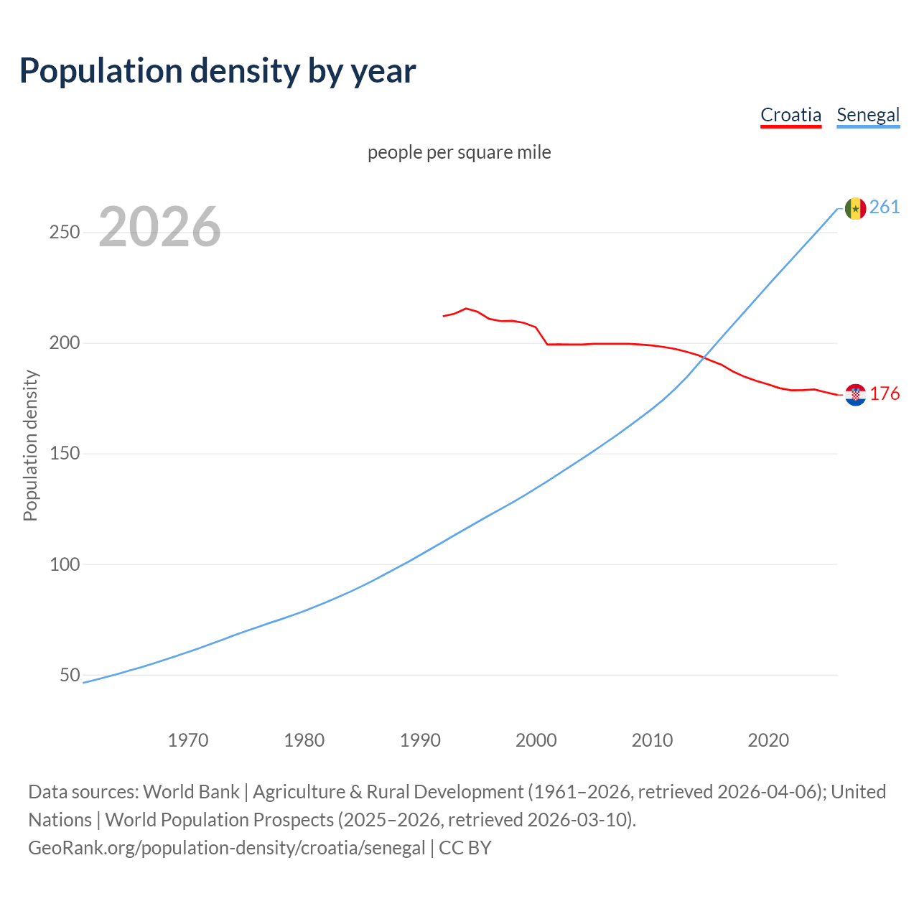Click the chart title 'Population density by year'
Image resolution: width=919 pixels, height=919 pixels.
point(218,71)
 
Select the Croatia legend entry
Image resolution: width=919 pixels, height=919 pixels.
point(790,115)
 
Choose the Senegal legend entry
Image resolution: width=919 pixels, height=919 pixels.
point(868,115)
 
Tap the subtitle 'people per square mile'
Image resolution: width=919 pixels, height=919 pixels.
point(459,152)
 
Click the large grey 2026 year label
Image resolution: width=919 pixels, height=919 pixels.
point(159,227)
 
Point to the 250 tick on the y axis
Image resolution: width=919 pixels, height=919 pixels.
point(65,233)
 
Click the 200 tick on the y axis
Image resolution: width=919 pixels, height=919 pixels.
point(65,343)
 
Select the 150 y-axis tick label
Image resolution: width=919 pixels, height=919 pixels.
point(65,454)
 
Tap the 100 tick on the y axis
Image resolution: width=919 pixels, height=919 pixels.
point(65,564)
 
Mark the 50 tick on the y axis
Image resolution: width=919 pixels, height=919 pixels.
point(70,675)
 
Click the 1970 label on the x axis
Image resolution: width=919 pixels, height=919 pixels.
point(188,740)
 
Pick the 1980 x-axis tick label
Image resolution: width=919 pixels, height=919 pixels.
point(304,740)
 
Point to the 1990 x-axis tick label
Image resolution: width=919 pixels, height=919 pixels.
point(420,740)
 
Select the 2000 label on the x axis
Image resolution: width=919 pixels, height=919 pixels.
point(536,740)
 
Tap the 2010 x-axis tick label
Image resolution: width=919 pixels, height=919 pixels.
point(652,740)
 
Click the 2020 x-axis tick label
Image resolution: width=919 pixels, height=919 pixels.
point(768,740)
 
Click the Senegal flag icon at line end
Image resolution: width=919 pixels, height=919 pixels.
point(855,208)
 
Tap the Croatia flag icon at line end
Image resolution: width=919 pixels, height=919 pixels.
point(855,395)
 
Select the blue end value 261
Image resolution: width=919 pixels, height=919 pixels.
point(885,207)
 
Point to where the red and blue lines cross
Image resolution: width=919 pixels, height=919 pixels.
point(706,357)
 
